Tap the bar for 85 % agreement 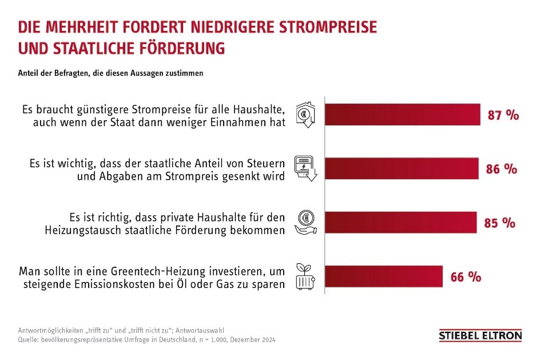(x=400, y=222)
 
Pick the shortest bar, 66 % (x=383, y=276)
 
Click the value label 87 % (x=503, y=115)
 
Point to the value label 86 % (x=502, y=169)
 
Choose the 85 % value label (x=499, y=223)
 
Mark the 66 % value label (x=465, y=277)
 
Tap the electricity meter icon (x=305, y=168)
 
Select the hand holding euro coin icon (x=305, y=223)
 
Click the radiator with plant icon (x=305, y=276)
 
